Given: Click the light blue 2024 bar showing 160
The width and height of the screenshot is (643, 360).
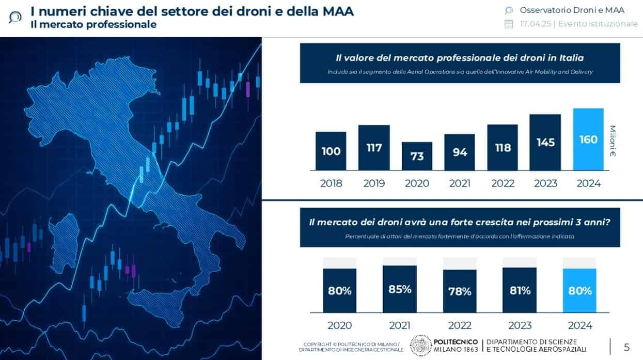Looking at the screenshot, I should [x=588, y=139].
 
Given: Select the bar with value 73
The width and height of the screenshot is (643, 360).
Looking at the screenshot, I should [x=417, y=156].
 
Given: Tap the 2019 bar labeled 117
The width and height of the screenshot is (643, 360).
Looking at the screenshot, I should [x=374, y=148].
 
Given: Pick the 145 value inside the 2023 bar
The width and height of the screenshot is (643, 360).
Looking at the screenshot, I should [x=545, y=142].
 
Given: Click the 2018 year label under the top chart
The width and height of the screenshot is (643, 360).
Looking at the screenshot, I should [x=331, y=183].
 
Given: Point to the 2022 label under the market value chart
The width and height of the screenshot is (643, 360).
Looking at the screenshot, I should [x=503, y=183].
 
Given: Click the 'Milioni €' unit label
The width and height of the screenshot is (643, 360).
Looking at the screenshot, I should [x=613, y=141].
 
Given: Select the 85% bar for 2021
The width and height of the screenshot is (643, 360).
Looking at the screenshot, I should [x=400, y=289].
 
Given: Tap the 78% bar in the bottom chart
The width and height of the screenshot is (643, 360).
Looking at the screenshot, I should [x=460, y=291].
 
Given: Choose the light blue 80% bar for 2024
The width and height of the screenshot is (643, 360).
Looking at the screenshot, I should [x=579, y=290].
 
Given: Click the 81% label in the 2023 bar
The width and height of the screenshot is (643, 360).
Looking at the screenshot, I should [x=520, y=290].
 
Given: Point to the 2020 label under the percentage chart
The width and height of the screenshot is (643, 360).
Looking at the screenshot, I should [x=340, y=325].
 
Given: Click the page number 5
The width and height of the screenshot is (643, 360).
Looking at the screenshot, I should [x=626, y=347].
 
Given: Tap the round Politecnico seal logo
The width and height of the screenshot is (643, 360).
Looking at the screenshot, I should [x=420, y=346].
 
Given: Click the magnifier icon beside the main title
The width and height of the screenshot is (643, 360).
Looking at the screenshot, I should [x=15, y=17].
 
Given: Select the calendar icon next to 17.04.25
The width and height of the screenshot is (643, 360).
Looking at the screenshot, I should [x=509, y=24].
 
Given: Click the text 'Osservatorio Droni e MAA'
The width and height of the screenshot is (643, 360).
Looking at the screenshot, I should [x=572, y=10].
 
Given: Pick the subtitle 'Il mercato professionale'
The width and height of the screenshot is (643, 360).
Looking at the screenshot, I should [x=93, y=24].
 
